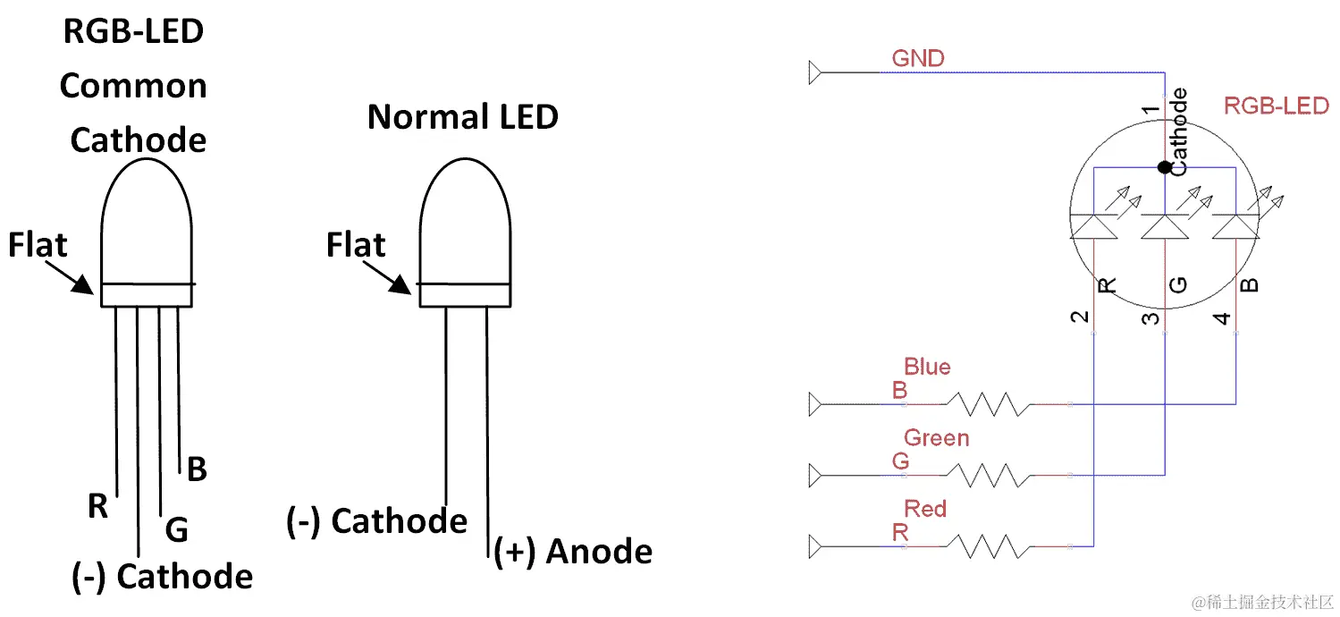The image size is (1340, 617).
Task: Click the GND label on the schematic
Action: (917, 59)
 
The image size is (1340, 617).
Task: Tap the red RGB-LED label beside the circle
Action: (1276, 106)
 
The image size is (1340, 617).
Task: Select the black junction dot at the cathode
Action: (1164, 167)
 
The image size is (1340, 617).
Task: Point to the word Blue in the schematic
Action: (927, 367)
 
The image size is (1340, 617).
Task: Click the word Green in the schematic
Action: (936, 438)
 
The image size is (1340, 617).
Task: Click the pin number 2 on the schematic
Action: (1080, 317)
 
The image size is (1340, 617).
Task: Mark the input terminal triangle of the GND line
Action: (814, 72)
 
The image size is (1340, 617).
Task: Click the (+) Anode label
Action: (573, 552)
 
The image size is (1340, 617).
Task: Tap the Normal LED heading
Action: (462, 116)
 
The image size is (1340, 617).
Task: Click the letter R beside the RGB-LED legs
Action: (97, 506)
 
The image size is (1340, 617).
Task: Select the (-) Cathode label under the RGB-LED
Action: (162, 577)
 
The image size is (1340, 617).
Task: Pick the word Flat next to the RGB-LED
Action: (38, 244)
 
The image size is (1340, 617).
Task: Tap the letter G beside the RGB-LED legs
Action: (177, 531)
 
